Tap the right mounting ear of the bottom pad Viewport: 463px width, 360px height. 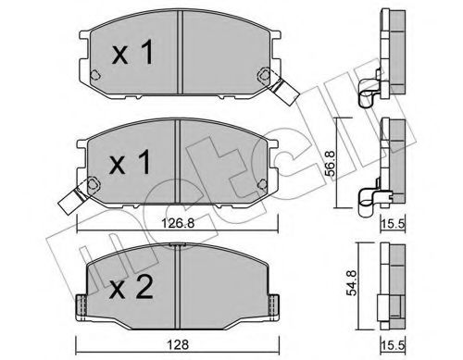[276, 305]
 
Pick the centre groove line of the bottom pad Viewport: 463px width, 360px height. [178, 287]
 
